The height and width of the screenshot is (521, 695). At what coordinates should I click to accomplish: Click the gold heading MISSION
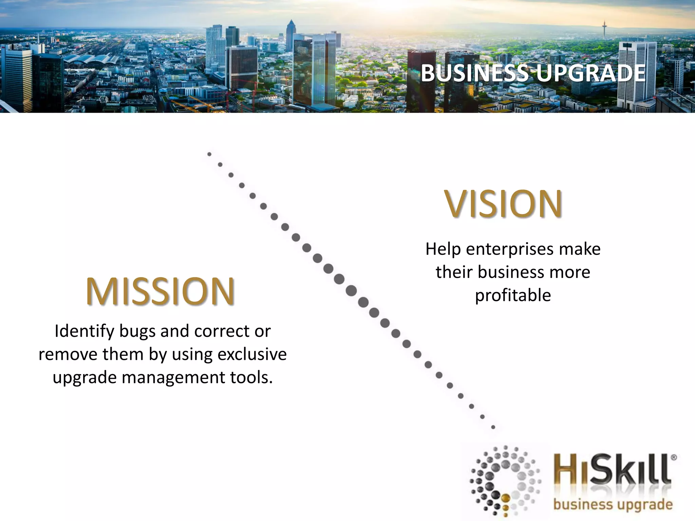pos(160,291)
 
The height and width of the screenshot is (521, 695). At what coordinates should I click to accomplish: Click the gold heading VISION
pos(503,204)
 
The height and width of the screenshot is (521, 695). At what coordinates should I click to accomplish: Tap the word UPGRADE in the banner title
pos(591,73)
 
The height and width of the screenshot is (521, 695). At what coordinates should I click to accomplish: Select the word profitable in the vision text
pos(513,295)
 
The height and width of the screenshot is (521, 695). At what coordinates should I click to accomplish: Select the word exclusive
pos(252,354)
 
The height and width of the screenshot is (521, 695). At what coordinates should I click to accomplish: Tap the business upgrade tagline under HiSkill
pos(613,504)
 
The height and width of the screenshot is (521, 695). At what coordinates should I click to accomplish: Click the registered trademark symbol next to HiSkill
pos(674,457)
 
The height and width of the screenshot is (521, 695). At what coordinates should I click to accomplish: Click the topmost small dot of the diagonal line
pos(209,154)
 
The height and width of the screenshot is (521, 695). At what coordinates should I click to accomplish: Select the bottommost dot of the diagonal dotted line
pos(493,427)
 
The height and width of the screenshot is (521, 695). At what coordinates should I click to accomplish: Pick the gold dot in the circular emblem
pos(506,498)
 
